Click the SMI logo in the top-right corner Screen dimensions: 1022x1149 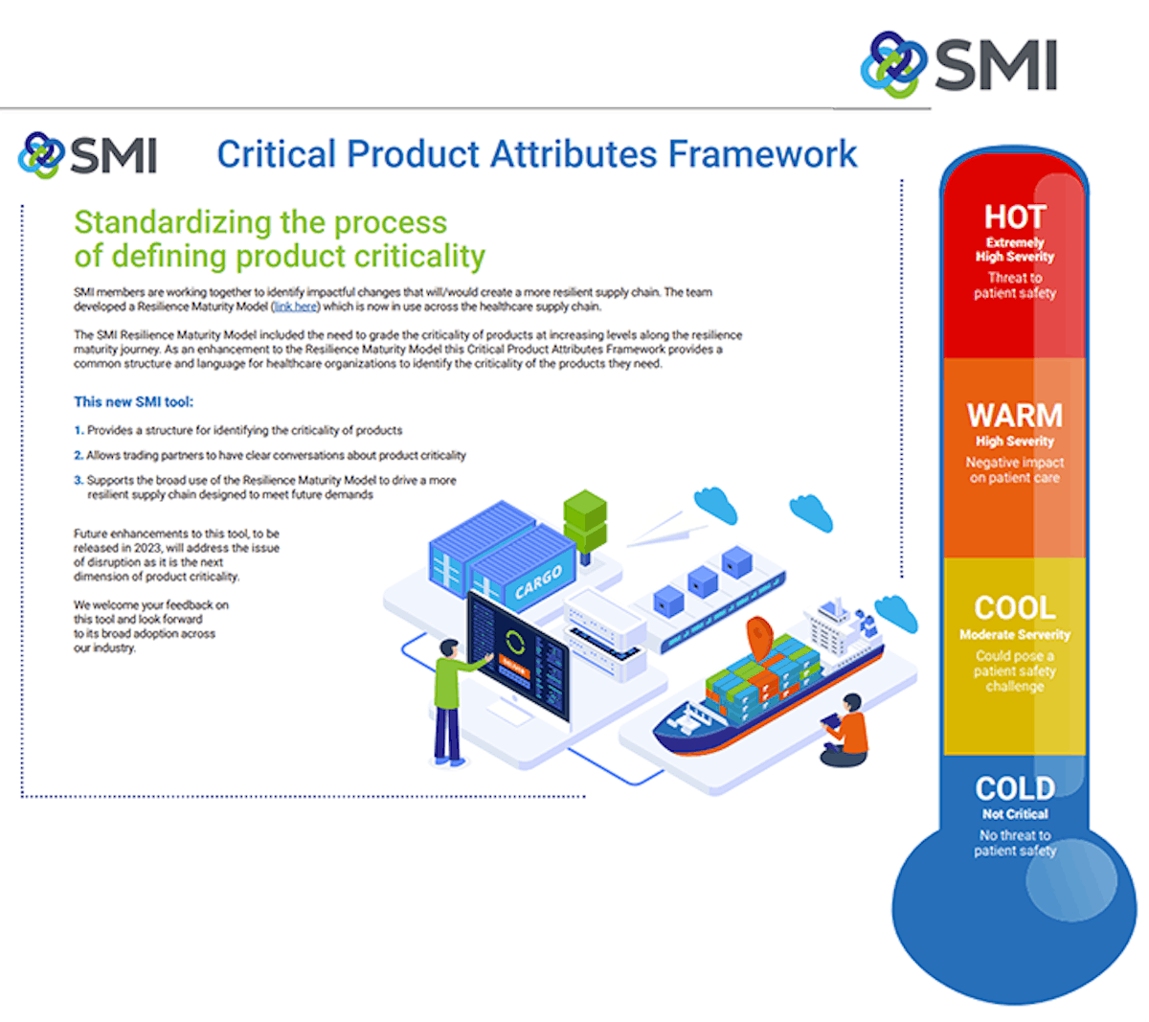tap(958, 65)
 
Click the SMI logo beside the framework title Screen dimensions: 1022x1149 tap(88, 155)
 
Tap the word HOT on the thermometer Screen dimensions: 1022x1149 tap(1015, 216)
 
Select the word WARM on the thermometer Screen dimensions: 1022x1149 tap(1015, 416)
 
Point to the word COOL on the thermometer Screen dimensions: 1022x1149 tap(1015, 607)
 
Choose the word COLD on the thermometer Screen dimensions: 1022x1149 tap(1015, 788)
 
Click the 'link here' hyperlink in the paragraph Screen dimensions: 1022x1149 tap(295, 307)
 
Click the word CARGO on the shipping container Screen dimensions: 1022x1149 tap(538, 580)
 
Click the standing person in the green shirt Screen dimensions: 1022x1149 tap(449, 699)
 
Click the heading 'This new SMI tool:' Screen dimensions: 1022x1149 tap(133, 402)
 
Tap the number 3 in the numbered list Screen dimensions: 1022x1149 tap(79, 481)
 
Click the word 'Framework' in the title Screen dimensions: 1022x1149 tap(762, 154)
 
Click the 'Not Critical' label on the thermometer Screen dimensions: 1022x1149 tap(1015, 814)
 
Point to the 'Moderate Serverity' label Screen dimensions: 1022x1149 tap(1015, 634)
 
